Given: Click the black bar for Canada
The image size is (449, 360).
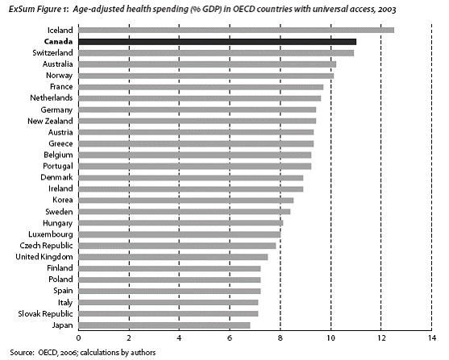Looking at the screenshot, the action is (x=218, y=42).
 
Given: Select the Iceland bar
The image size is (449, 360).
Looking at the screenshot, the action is (x=236, y=31).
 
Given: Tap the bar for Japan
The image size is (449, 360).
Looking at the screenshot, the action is (x=164, y=325).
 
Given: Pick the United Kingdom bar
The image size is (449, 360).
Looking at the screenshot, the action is (x=173, y=257).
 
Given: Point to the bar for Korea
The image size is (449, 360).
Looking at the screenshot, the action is (x=186, y=201).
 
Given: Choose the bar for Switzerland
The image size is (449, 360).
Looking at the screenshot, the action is (x=216, y=53).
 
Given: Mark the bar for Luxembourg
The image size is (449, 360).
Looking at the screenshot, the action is (x=180, y=234).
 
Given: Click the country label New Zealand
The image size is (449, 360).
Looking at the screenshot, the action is (x=50, y=121).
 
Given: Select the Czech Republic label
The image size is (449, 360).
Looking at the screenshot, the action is (x=47, y=246).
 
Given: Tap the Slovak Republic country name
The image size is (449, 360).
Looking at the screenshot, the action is (x=45, y=314).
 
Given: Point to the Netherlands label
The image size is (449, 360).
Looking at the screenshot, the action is (x=52, y=98).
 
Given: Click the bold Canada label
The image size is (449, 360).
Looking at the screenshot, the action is (x=58, y=42).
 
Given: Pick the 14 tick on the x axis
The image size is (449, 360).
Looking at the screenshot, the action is (x=432, y=338).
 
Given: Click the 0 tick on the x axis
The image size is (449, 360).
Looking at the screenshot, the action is (x=78, y=338).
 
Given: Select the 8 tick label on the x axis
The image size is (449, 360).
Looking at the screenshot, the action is (x=281, y=338).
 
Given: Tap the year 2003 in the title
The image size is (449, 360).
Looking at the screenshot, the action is (x=387, y=10).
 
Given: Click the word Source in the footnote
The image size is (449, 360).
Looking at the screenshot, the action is (x=22, y=353).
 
